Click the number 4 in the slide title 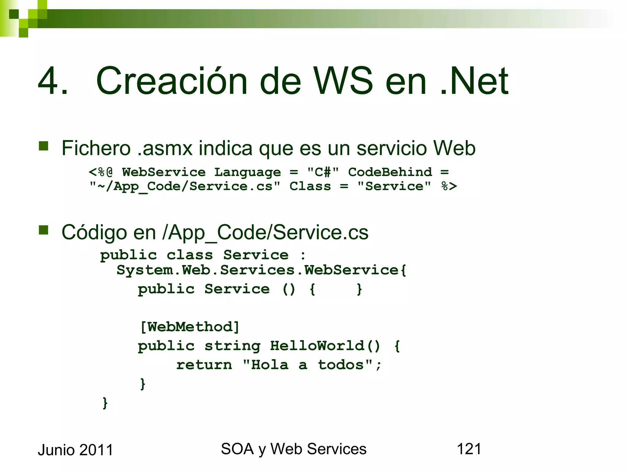pyautogui.click(x=49, y=81)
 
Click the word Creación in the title pyautogui.click(x=171, y=81)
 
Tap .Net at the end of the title pyautogui.click(x=474, y=81)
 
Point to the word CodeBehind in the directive pyautogui.click(x=390, y=172)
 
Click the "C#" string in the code pyautogui.click(x=323, y=172)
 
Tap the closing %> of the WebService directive pyautogui.click(x=449, y=186)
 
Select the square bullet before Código pyautogui.click(x=44, y=230)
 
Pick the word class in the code pyautogui.click(x=190, y=255)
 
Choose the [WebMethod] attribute pyautogui.click(x=190, y=327)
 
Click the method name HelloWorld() pyautogui.click(x=325, y=346)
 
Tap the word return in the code pyautogui.click(x=204, y=365)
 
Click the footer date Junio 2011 pyautogui.click(x=75, y=450)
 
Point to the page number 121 pyautogui.click(x=469, y=449)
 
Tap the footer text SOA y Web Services pyautogui.click(x=293, y=449)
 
